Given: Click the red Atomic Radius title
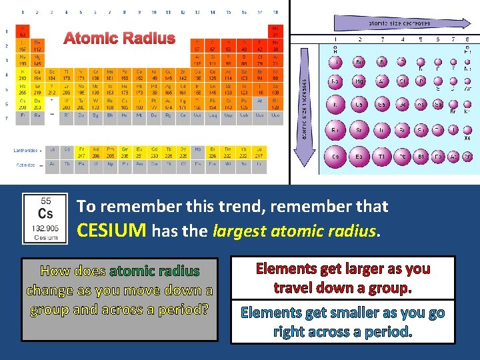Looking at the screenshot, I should click(119, 39).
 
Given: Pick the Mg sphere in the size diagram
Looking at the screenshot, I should click(359, 82).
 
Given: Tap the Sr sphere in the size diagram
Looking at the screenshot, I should click(359, 131).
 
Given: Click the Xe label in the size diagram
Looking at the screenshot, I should click(467, 138).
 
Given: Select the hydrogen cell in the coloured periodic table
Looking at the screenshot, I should click(23, 31).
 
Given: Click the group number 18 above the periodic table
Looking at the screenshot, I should click(276, 12).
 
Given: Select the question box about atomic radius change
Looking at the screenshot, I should click(120, 291).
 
